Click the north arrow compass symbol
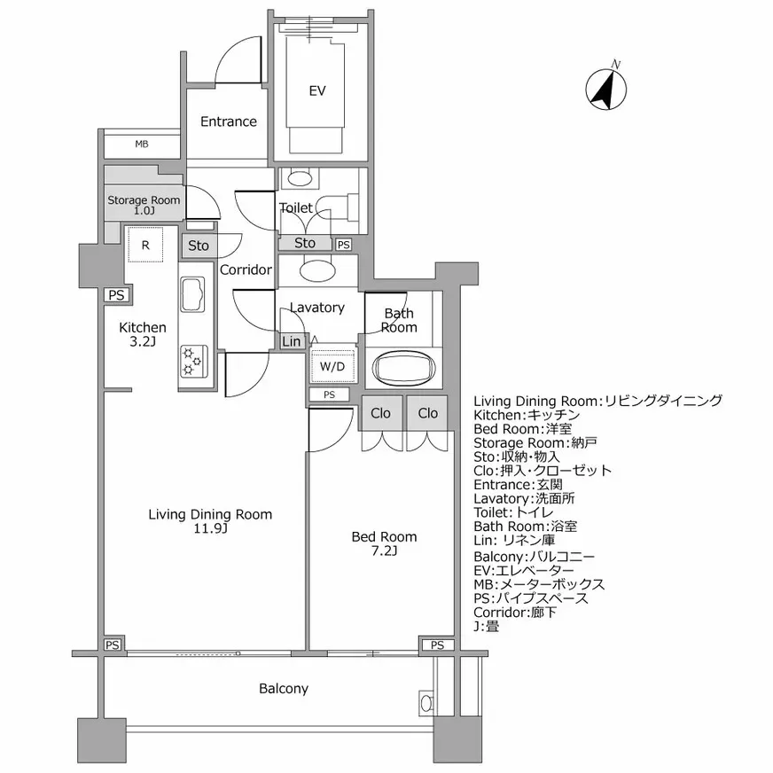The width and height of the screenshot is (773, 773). pyautogui.click(x=606, y=87)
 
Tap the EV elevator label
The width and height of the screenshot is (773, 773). pyautogui.click(x=317, y=90)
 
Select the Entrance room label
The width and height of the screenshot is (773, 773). pyautogui.click(x=228, y=121)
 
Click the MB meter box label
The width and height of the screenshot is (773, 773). pyautogui.click(x=142, y=144)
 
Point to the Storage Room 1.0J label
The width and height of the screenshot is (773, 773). pyautogui.click(x=144, y=205)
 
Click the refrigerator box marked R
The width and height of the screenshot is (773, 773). pyautogui.click(x=144, y=244)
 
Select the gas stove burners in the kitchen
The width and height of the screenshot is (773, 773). pyautogui.click(x=192, y=362)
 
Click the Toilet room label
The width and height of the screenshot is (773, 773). pyautogui.click(x=295, y=207)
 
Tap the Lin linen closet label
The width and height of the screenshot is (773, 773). pyautogui.click(x=291, y=341)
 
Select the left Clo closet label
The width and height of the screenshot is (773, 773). pyautogui.click(x=380, y=413)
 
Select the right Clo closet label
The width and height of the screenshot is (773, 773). pyautogui.click(x=427, y=413)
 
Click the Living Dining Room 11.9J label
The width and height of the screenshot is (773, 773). pyautogui.click(x=210, y=521)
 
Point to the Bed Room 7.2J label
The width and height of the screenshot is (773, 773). pyautogui.click(x=384, y=543)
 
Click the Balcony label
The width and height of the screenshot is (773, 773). pyautogui.click(x=284, y=688)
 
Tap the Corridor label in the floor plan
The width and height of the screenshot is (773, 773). pyautogui.click(x=246, y=269)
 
